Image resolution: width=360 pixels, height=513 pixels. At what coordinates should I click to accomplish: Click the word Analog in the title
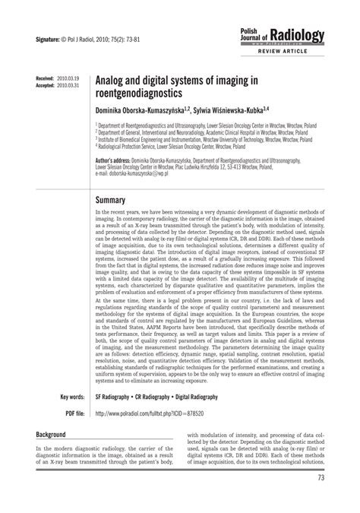click(x=115, y=81)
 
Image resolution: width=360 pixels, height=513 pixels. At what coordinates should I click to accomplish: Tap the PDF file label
click(x=74, y=413)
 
